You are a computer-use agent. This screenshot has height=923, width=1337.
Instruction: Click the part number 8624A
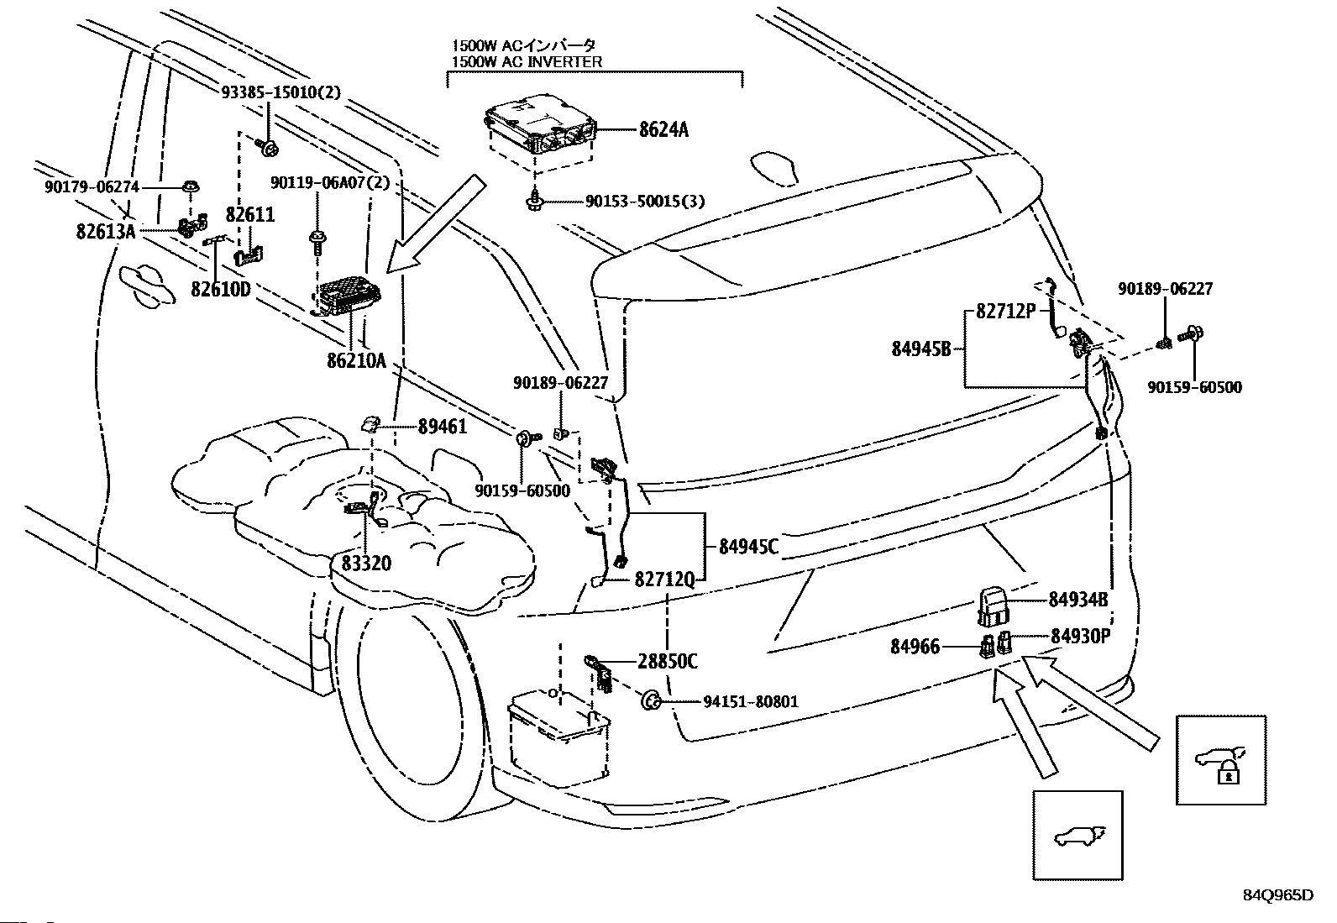coord(663,129)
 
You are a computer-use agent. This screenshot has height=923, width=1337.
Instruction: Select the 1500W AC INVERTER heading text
coord(527,62)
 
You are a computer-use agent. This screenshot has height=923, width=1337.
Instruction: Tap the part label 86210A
coord(356,362)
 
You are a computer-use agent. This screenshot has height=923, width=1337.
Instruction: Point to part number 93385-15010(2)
coord(281,92)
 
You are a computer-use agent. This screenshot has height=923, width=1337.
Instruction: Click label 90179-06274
coord(92,187)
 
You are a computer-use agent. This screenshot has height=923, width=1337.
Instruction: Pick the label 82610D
coord(221,289)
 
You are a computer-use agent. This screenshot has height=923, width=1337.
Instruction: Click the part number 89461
coord(443,427)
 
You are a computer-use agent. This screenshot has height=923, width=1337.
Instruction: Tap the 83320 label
coord(366,563)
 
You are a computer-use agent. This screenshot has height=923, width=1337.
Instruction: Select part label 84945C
coord(748,547)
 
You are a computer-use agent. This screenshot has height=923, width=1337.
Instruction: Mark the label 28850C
coord(668,662)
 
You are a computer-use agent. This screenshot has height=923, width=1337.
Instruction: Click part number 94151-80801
coord(739,701)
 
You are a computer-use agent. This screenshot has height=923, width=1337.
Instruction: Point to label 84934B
coord(1078,600)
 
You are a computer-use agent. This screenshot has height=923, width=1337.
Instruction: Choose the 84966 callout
coord(915,647)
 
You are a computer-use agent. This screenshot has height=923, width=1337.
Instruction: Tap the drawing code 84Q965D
coord(1277,895)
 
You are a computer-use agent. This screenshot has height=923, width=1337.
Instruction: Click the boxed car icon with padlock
coord(1220,760)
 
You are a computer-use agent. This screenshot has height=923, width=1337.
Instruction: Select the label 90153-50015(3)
coord(645,202)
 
